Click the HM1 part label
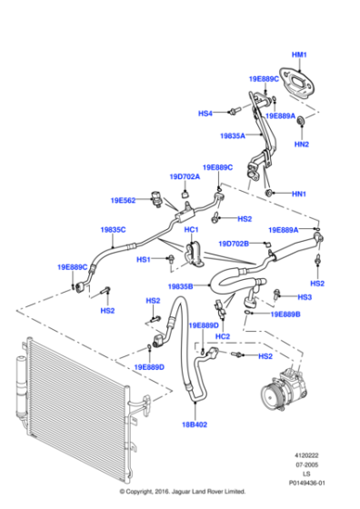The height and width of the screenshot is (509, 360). coord(300,55)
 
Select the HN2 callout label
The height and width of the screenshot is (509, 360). coord(302,145)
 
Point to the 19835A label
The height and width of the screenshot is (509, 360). coord(233,135)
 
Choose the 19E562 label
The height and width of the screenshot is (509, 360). coord(124,200)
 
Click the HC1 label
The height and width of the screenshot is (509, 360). coord(191,230)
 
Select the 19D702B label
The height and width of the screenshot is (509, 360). coord(233,244)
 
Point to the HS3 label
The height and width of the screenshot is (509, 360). coord(305,297)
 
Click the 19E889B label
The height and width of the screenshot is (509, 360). coord(285,314)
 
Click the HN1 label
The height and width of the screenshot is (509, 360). coord(299,194)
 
